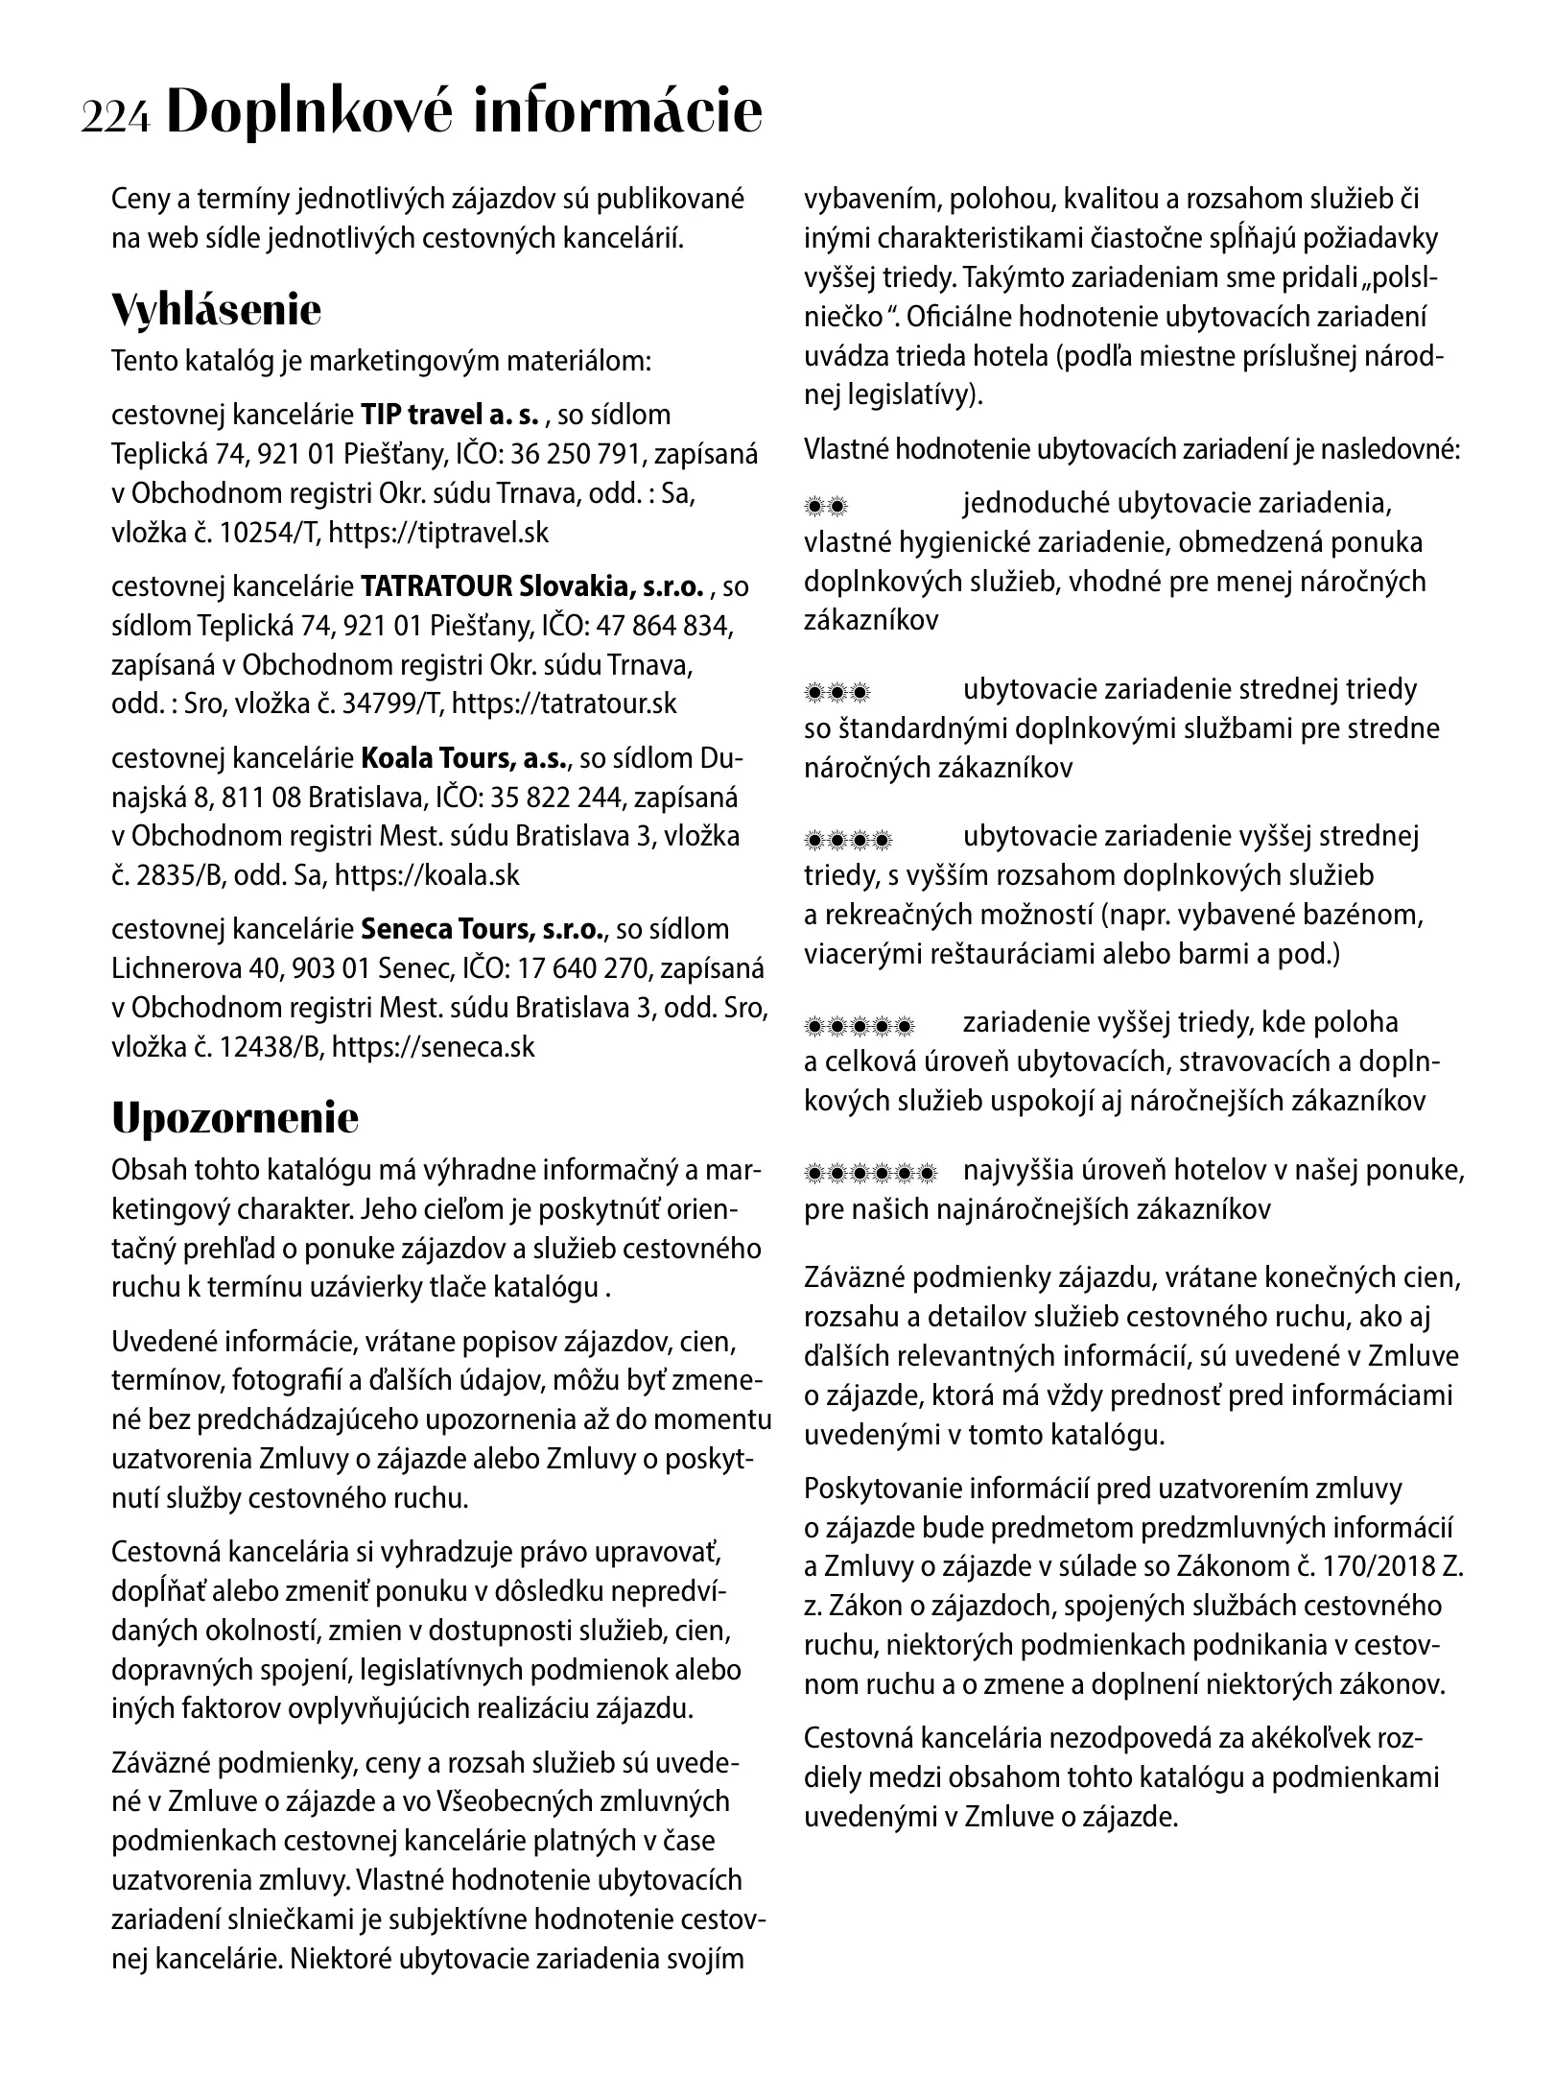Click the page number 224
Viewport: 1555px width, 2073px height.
pos(116,118)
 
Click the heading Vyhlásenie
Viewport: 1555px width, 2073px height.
pos(216,310)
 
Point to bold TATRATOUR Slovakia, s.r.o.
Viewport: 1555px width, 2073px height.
pos(533,586)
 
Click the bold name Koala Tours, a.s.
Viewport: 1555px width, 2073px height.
pos(464,758)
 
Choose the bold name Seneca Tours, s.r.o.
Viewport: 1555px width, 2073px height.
pos(483,929)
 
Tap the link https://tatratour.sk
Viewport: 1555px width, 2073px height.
pos(563,703)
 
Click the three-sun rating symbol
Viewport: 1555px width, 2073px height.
pos(836,691)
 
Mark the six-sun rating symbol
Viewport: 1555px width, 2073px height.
pos(870,1173)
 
